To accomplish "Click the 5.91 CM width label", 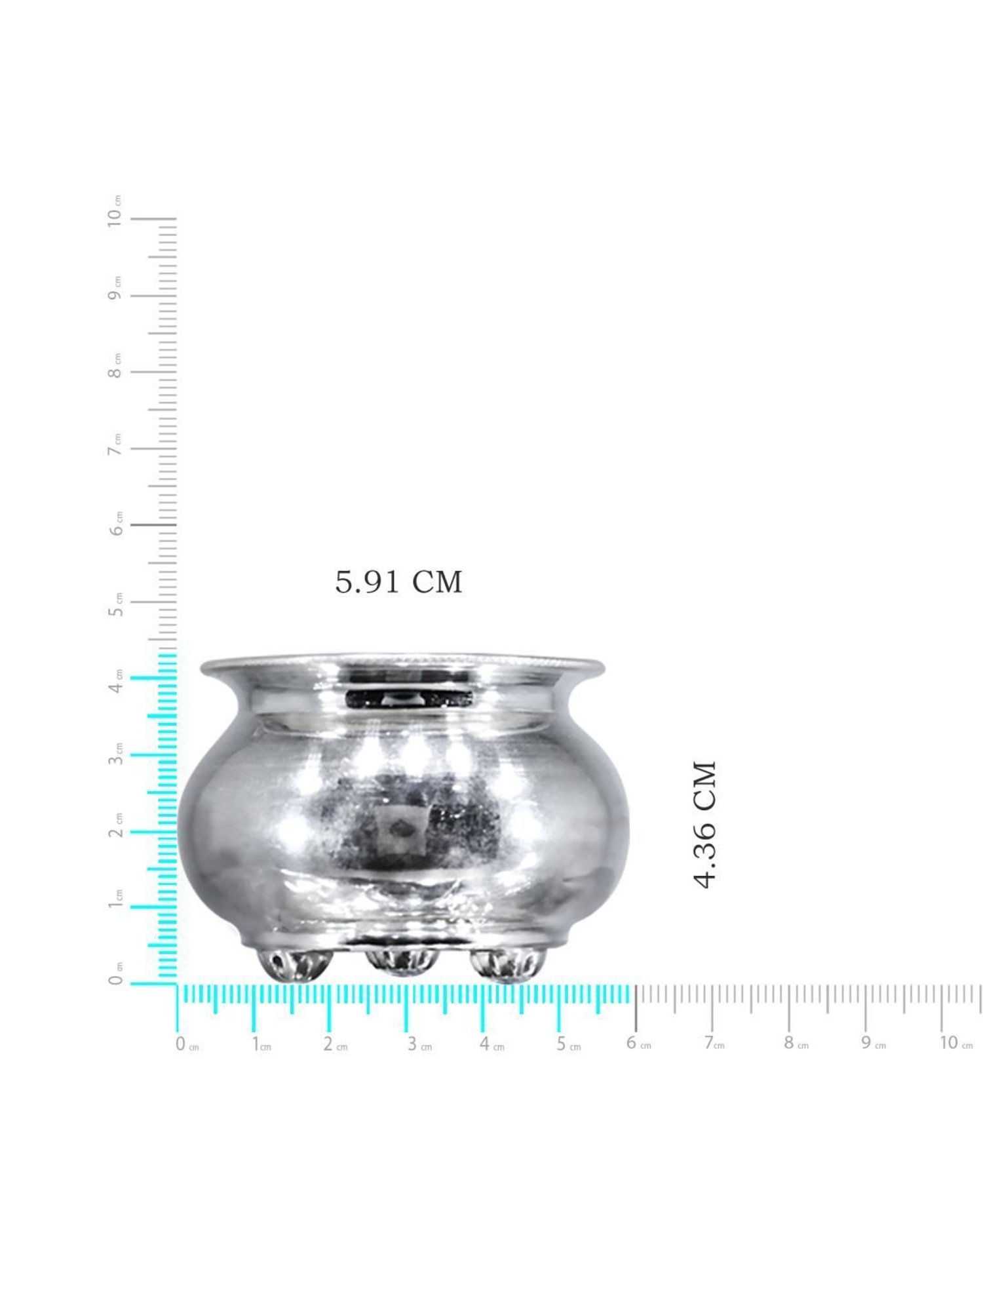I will [x=398, y=581].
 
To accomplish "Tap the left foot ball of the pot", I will [x=294, y=964].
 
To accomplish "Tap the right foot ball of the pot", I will [x=507, y=964].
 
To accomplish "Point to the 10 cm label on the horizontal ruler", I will [x=955, y=1043].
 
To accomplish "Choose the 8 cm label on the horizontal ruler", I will [x=796, y=1043].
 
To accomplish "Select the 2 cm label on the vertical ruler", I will [x=116, y=825].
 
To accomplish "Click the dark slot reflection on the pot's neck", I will [x=409, y=699].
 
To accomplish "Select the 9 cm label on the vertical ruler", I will [x=115, y=288].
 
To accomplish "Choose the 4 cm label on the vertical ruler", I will [x=116, y=682].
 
